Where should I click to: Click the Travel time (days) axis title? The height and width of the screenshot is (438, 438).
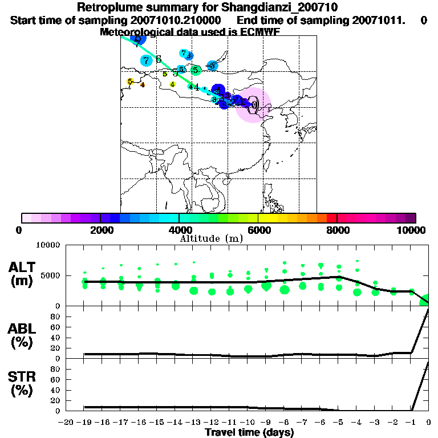tap(249, 433)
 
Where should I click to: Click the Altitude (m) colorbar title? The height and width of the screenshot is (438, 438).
tap(212, 238)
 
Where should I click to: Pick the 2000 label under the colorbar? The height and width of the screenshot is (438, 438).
tap(100, 230)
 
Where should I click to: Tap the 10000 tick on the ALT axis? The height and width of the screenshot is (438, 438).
tap(48, 245)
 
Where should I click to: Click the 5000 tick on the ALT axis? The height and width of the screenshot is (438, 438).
tap(51, 275)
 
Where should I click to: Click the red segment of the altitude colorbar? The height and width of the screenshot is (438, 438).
tap(331, 218)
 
